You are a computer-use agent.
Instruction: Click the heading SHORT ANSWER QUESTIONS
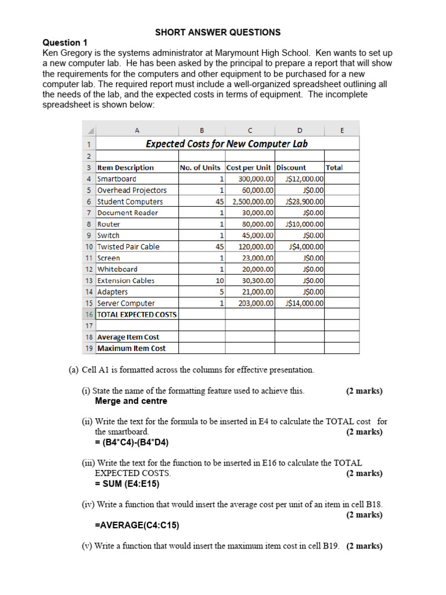pyautogui.click(x=217, y=33)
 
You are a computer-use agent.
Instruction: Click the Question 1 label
pyautogui.click(x=65, y=42)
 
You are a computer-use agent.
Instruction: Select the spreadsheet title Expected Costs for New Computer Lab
pyautogui.click(x=226, y=144)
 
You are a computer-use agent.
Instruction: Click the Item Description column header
pyautogui.click(x=125, y=167)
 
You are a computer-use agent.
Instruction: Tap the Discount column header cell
pyautogui.click(x=291, y=167)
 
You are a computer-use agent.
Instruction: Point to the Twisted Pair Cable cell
pyautogui.click(x=128, y=246)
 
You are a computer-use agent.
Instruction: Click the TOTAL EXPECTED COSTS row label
pyautogui.click(x=137, y=314)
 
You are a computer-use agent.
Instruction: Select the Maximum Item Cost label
pyautogui.click(x=131, y=349)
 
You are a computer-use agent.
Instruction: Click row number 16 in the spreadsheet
pyautogui.click(x=89, y=314)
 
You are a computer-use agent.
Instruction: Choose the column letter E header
pyautogui.click(x=342, y=131)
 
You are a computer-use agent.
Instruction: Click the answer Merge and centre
pyautogui.click(x=131, y=401)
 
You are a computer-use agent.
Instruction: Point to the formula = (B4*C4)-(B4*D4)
pyautogui.click(x=132, y=442)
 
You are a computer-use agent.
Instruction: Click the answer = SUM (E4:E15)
pyautogui.click(x=127, y=483)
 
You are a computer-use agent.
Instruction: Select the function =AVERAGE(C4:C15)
pyautogui.click(x=137, y=525)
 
